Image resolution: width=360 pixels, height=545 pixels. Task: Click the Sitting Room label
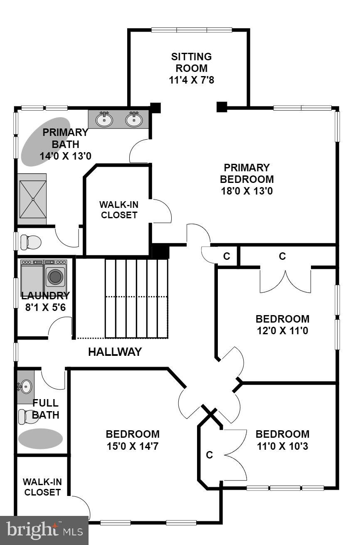[191, 62]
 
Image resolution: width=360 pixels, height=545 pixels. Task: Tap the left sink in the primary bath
[104, 120]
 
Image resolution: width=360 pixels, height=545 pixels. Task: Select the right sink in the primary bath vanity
[134, 120]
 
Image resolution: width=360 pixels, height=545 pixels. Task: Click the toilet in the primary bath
[31, 242]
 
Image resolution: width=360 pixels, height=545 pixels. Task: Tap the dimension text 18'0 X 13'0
[247, 191]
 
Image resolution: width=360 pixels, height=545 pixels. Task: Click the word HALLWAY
[115, 352]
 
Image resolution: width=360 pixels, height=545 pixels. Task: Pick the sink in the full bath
[25, 387]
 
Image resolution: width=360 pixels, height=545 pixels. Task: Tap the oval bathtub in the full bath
[40, 438]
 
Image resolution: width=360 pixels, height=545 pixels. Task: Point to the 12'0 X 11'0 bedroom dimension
[282, 331]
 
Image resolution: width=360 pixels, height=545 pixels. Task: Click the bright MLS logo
[44, 530]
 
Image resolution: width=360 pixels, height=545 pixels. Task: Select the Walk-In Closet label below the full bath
[42, 487]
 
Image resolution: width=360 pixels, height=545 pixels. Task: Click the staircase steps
[136, 298]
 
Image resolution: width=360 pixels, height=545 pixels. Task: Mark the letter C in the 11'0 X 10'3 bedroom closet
[210, 455]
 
